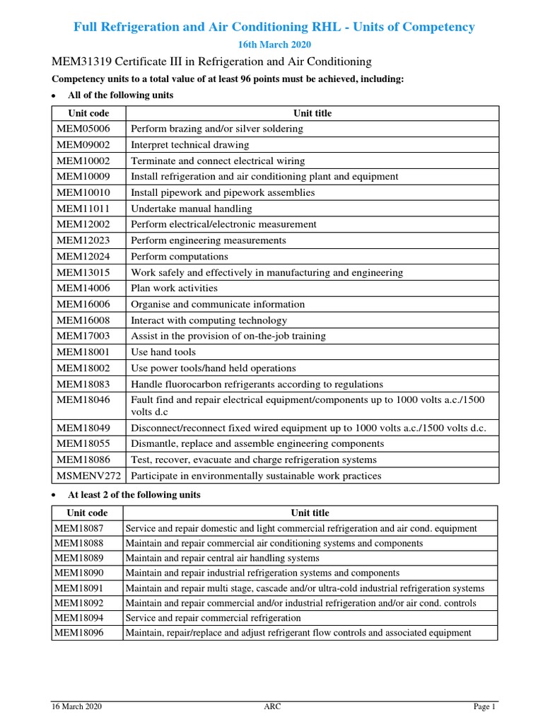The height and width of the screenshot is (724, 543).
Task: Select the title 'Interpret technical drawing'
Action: pos(190,145)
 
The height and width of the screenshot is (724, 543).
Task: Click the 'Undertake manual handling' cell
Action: pos(192,209)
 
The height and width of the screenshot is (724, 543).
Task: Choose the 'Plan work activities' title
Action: pos(175,288)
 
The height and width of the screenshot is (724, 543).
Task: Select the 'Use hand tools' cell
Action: pos(164,352)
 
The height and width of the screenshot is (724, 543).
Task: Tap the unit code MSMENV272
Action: pos(88,476)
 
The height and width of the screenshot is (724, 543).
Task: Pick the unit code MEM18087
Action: pos(79,528)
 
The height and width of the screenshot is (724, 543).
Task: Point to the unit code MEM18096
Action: pos(79,633)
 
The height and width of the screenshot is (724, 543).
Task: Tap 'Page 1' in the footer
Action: pos(484,707)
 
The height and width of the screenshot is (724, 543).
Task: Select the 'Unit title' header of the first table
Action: pos(313,113)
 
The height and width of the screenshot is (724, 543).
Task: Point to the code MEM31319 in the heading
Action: pos(84,62)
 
